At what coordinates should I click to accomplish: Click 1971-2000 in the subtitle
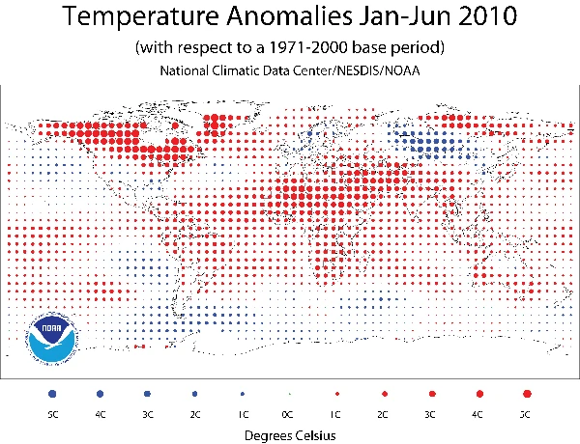pyautogui.click(x=318, y=48)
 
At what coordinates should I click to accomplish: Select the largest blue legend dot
pyautogui.click(x=52, y=394)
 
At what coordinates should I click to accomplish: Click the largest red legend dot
pyautogui.click(x=526, y=394)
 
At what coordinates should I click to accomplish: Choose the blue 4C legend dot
pyautogui.click(x=100, y=394)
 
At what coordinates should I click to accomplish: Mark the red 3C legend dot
pyautogui.click(x=431, y=394)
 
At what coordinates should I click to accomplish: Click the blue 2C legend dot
pyautogui.click(x=194, y=394)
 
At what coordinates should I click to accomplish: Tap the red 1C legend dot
pyautogui.click(x=336, y=394)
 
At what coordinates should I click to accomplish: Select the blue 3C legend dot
pyautogui.click(x=147, y=394)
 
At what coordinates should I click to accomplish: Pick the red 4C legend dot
pyautogui.click(x=478, y=394)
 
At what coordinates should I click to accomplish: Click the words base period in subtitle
pyautogui.click(x=394, y=48)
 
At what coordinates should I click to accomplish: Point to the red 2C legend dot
pyautogui.click(x=384, y=394)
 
